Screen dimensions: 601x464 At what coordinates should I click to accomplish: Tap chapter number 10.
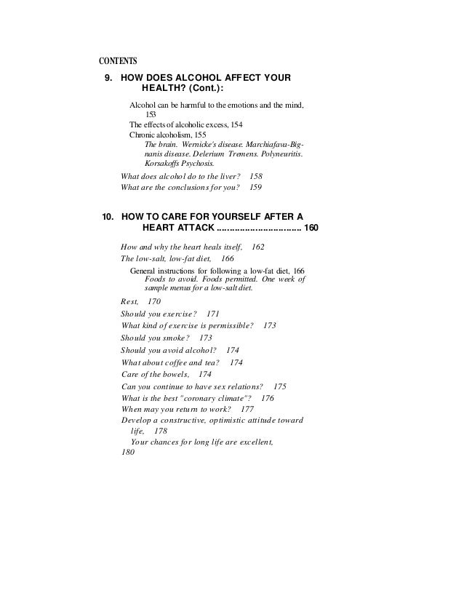[x=105, y=216]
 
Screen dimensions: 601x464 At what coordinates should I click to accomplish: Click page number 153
[x=151, y=114]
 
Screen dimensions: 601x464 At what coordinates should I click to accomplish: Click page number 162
[x=257, y=247]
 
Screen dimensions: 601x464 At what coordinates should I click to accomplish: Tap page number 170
[x=154, y=301]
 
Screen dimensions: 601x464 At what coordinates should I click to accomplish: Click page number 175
[x=279, y=386]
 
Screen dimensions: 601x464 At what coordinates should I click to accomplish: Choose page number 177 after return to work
[x=247, y=410]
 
